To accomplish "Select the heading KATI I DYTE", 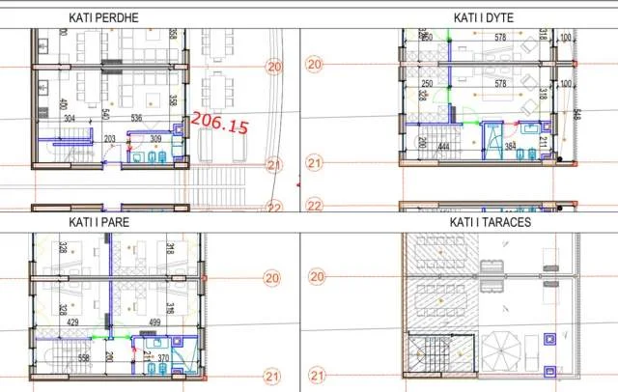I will point(488,17).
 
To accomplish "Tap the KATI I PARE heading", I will point(98,221).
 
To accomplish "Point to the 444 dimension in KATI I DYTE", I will point(445,148).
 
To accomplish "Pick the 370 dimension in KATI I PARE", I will point(164,358).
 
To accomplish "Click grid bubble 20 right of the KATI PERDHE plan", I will point(274,67).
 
